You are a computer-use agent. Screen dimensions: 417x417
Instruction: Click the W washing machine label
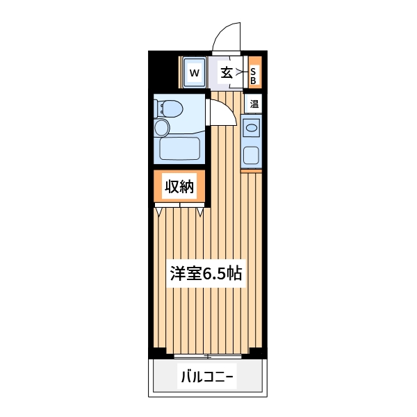tap(195, 72)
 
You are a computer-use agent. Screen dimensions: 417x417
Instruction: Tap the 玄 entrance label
tap(227, 72)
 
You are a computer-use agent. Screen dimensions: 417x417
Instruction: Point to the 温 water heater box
tap(254, 104)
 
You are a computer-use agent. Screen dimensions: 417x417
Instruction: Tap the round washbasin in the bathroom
tap(163, 127)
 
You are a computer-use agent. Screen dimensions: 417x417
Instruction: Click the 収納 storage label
tap(179, 186)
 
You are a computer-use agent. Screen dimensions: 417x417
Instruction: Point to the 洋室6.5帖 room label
tap(206, 273)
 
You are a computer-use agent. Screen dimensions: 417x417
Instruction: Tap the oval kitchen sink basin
tap(251, 129)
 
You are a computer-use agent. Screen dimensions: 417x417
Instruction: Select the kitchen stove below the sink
tap(251, 154)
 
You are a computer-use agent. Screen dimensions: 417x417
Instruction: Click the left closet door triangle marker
tap(159, 211)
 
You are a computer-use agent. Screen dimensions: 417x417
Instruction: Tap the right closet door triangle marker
tap(201, 211)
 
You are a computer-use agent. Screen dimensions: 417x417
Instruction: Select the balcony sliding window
tap(207, 357)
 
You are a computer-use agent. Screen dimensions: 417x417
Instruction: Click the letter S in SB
tap(254, 71)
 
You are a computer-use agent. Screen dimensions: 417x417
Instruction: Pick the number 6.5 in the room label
tap(211, 273)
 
